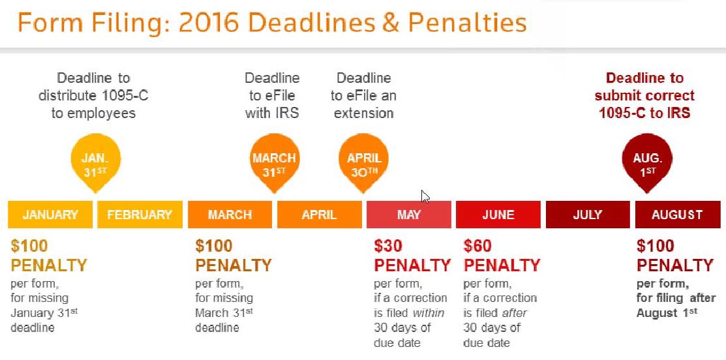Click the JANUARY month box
click(50, 215)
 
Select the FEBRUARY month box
click(140, 215)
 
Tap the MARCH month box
click(230, 215)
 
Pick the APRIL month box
click(320, 215)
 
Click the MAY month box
click(409, 215)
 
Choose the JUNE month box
click(498, 215)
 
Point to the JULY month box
click(588, 215)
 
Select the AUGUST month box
click(677, 215)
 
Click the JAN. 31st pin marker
click(96, 162)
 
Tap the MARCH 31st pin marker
click(275, 162)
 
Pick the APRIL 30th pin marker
click(364, 162)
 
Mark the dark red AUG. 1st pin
click(647, 162)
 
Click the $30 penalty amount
click(388, 246)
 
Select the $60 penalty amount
click(477, 246)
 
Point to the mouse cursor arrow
click(425, 197)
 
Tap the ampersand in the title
click(390, 23)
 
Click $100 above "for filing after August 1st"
click(655, 246)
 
